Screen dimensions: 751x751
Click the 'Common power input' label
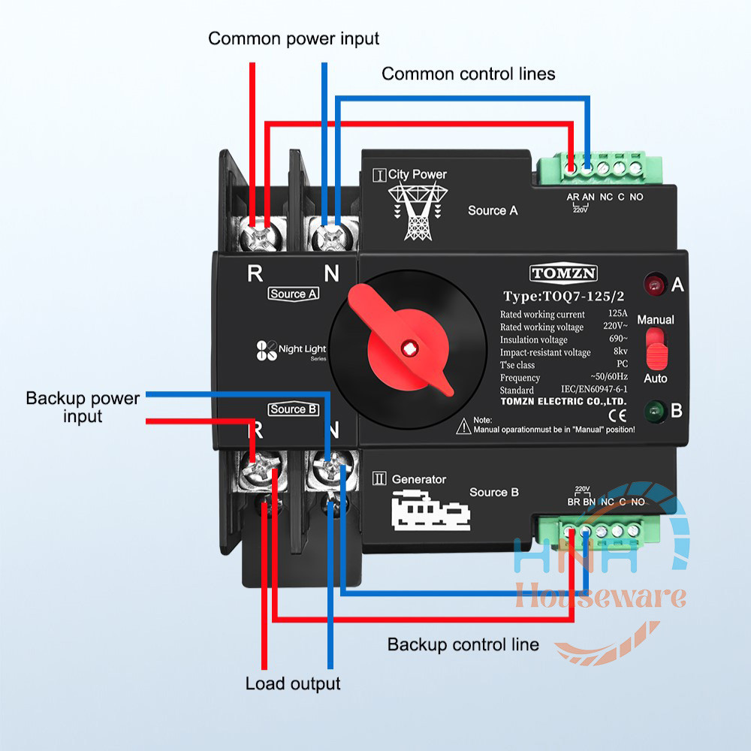(x=294, y=38)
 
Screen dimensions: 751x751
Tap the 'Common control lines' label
(x=469, y=74)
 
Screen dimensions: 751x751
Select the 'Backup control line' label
(x=463, y=644)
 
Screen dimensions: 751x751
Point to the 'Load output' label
(x=293, y=683)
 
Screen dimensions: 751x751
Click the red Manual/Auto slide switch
(x=656, y=346)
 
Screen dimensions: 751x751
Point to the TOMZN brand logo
(x=563, y=273)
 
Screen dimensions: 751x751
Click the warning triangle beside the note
(x=463, y=427)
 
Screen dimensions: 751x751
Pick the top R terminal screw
(x=260, y=236)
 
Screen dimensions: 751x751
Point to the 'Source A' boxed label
(x=293, y=294)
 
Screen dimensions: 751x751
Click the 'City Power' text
(x=417, y=174)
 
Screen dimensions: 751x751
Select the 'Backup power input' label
(x=83, y=406)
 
